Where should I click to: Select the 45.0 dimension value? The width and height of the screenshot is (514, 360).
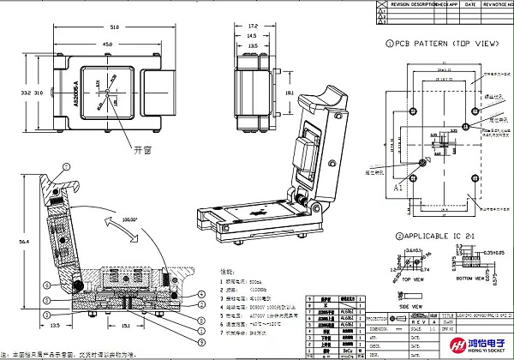tap(107, 45)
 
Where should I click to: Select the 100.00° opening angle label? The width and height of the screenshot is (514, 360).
tap(131, 219)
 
